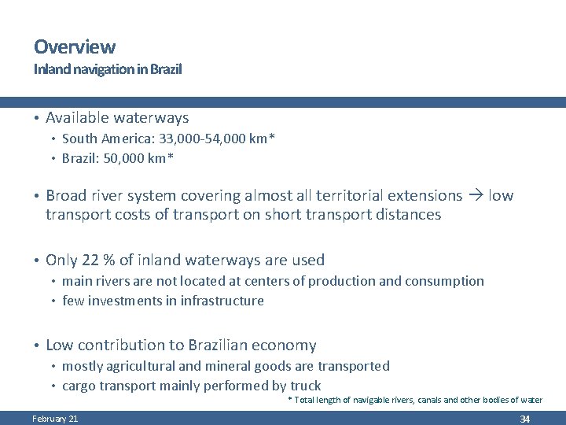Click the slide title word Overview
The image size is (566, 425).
click(74, 47)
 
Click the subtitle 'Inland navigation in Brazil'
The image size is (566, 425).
click(107, 69)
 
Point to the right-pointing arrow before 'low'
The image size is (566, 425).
click(476, 195)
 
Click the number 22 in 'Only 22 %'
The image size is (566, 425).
click(89, 260)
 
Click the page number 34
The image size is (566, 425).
click(524, 419)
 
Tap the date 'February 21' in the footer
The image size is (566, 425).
click(55, 419)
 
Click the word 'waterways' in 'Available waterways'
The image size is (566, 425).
click(152, 118)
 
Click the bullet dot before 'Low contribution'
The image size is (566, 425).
click(36, 346)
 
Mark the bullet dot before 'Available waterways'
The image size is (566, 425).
click(36, 119)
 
